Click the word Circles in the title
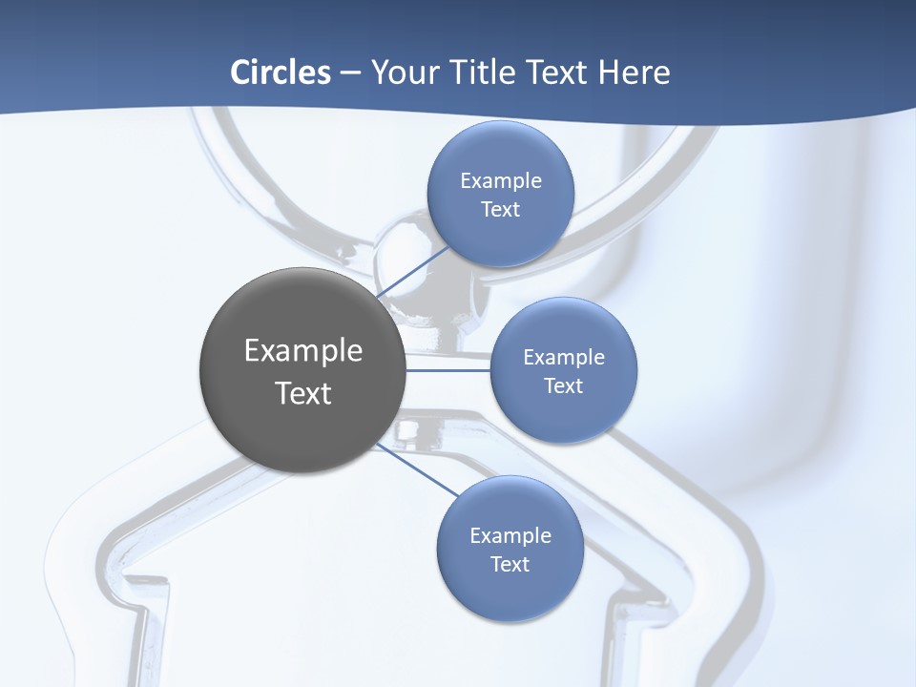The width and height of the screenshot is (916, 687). click(280, 73)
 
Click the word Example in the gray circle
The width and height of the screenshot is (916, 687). click(303, 351)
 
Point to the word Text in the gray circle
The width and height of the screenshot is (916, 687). click(303, 393)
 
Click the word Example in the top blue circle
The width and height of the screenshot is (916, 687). click(501, 181)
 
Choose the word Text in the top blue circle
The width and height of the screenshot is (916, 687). click(500, 210)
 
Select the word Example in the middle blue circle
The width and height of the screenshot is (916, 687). click(564, 358)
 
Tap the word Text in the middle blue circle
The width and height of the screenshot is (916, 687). click(563, 386)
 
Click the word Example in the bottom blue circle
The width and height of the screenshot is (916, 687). click(510, 536)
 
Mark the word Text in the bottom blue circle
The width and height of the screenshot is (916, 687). click(510, 565)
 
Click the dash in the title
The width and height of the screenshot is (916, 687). click(350, 73)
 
